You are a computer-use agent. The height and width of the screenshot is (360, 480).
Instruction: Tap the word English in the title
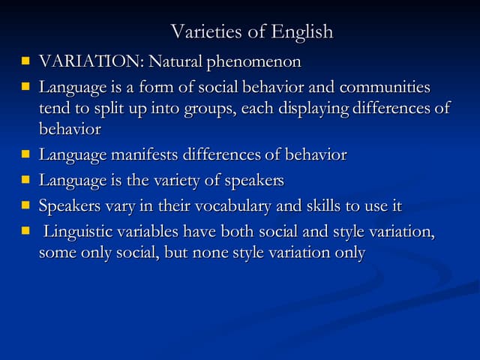301,32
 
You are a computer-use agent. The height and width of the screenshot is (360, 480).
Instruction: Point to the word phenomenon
254,61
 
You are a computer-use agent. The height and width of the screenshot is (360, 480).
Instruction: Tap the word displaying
313,109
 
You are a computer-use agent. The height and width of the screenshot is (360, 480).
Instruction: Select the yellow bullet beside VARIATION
25,61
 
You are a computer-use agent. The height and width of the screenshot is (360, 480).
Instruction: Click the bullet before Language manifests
25,154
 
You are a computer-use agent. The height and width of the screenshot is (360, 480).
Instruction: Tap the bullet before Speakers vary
25,205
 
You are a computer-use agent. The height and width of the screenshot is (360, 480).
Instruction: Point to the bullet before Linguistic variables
25,231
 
